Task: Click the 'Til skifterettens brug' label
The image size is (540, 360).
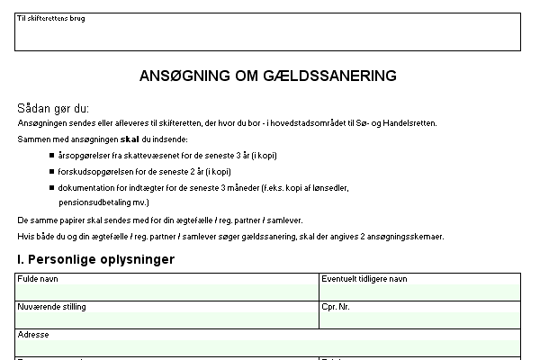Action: point(50,18)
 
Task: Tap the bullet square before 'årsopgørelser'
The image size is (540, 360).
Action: point(51,155)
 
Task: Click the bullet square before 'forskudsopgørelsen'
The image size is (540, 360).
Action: point(51,171)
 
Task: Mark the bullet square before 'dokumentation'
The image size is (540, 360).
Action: point(51,187)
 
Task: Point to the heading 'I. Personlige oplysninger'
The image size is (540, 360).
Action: point(95,259)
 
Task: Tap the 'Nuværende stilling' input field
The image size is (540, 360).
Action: point(167,319)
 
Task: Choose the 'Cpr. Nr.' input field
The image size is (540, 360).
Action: point(419,319)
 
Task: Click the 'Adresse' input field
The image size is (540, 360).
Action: point(267,346)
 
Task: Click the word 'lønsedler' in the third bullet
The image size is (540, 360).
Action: point(330,187)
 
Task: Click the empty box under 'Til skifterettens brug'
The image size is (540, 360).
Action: point(267,36)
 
